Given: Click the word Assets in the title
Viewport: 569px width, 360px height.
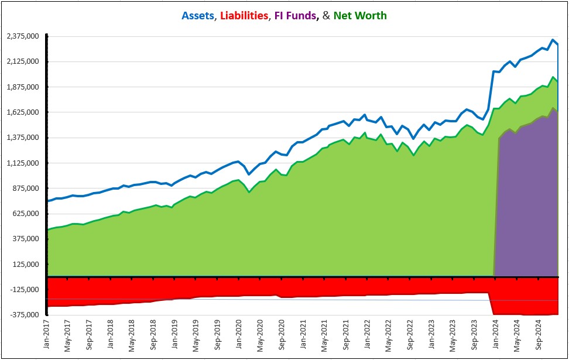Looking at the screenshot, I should [198, 15].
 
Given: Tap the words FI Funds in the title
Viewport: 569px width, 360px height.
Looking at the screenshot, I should [295, 15].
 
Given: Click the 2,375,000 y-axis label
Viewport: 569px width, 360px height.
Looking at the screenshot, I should [23, 36].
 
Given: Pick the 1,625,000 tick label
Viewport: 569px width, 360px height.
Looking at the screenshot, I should [23, 112].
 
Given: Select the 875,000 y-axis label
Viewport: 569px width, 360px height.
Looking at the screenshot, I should [26, 188].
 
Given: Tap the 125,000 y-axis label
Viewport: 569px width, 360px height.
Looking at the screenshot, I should [26, 265].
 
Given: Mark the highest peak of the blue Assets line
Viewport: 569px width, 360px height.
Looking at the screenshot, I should [553, 40].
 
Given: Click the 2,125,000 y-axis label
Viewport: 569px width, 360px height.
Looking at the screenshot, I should [23, 61].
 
